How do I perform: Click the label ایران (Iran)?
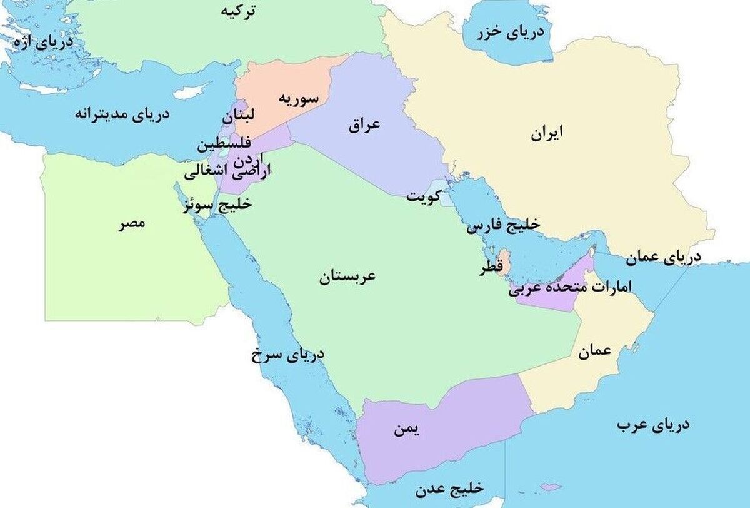[x=547, y=133]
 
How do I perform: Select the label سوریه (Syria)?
[x=298, y=98]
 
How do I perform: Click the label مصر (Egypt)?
[x=132, y=223]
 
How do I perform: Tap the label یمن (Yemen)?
[x=407, y=429]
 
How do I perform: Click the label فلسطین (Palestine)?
[x=224, y=145]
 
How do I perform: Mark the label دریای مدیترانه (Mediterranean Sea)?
[x=122, y=115]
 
